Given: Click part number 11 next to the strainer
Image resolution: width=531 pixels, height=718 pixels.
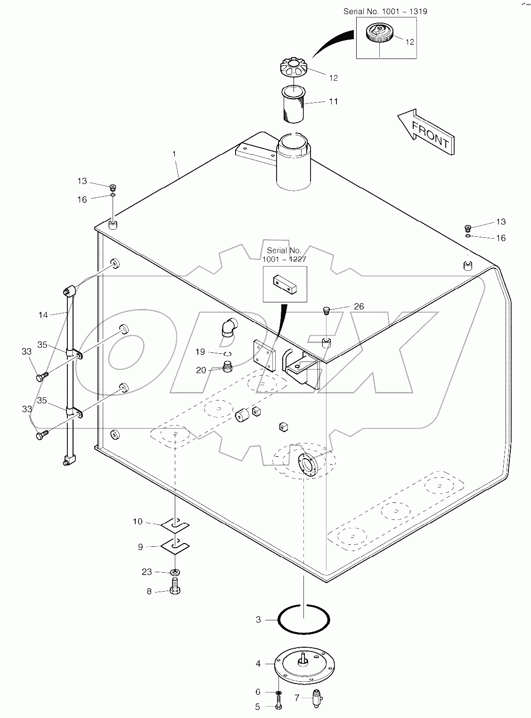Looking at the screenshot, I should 334,101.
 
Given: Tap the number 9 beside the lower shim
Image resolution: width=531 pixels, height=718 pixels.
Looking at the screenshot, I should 140,547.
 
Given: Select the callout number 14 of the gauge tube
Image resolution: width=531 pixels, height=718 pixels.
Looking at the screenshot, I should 43,315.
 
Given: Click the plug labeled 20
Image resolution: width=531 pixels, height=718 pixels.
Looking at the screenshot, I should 228,367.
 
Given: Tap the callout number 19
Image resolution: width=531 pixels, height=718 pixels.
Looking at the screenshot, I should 200,351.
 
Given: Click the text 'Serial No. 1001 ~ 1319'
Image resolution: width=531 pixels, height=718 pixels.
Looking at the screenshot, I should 385,11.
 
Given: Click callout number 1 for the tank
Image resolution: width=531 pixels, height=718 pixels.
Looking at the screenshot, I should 174,154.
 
